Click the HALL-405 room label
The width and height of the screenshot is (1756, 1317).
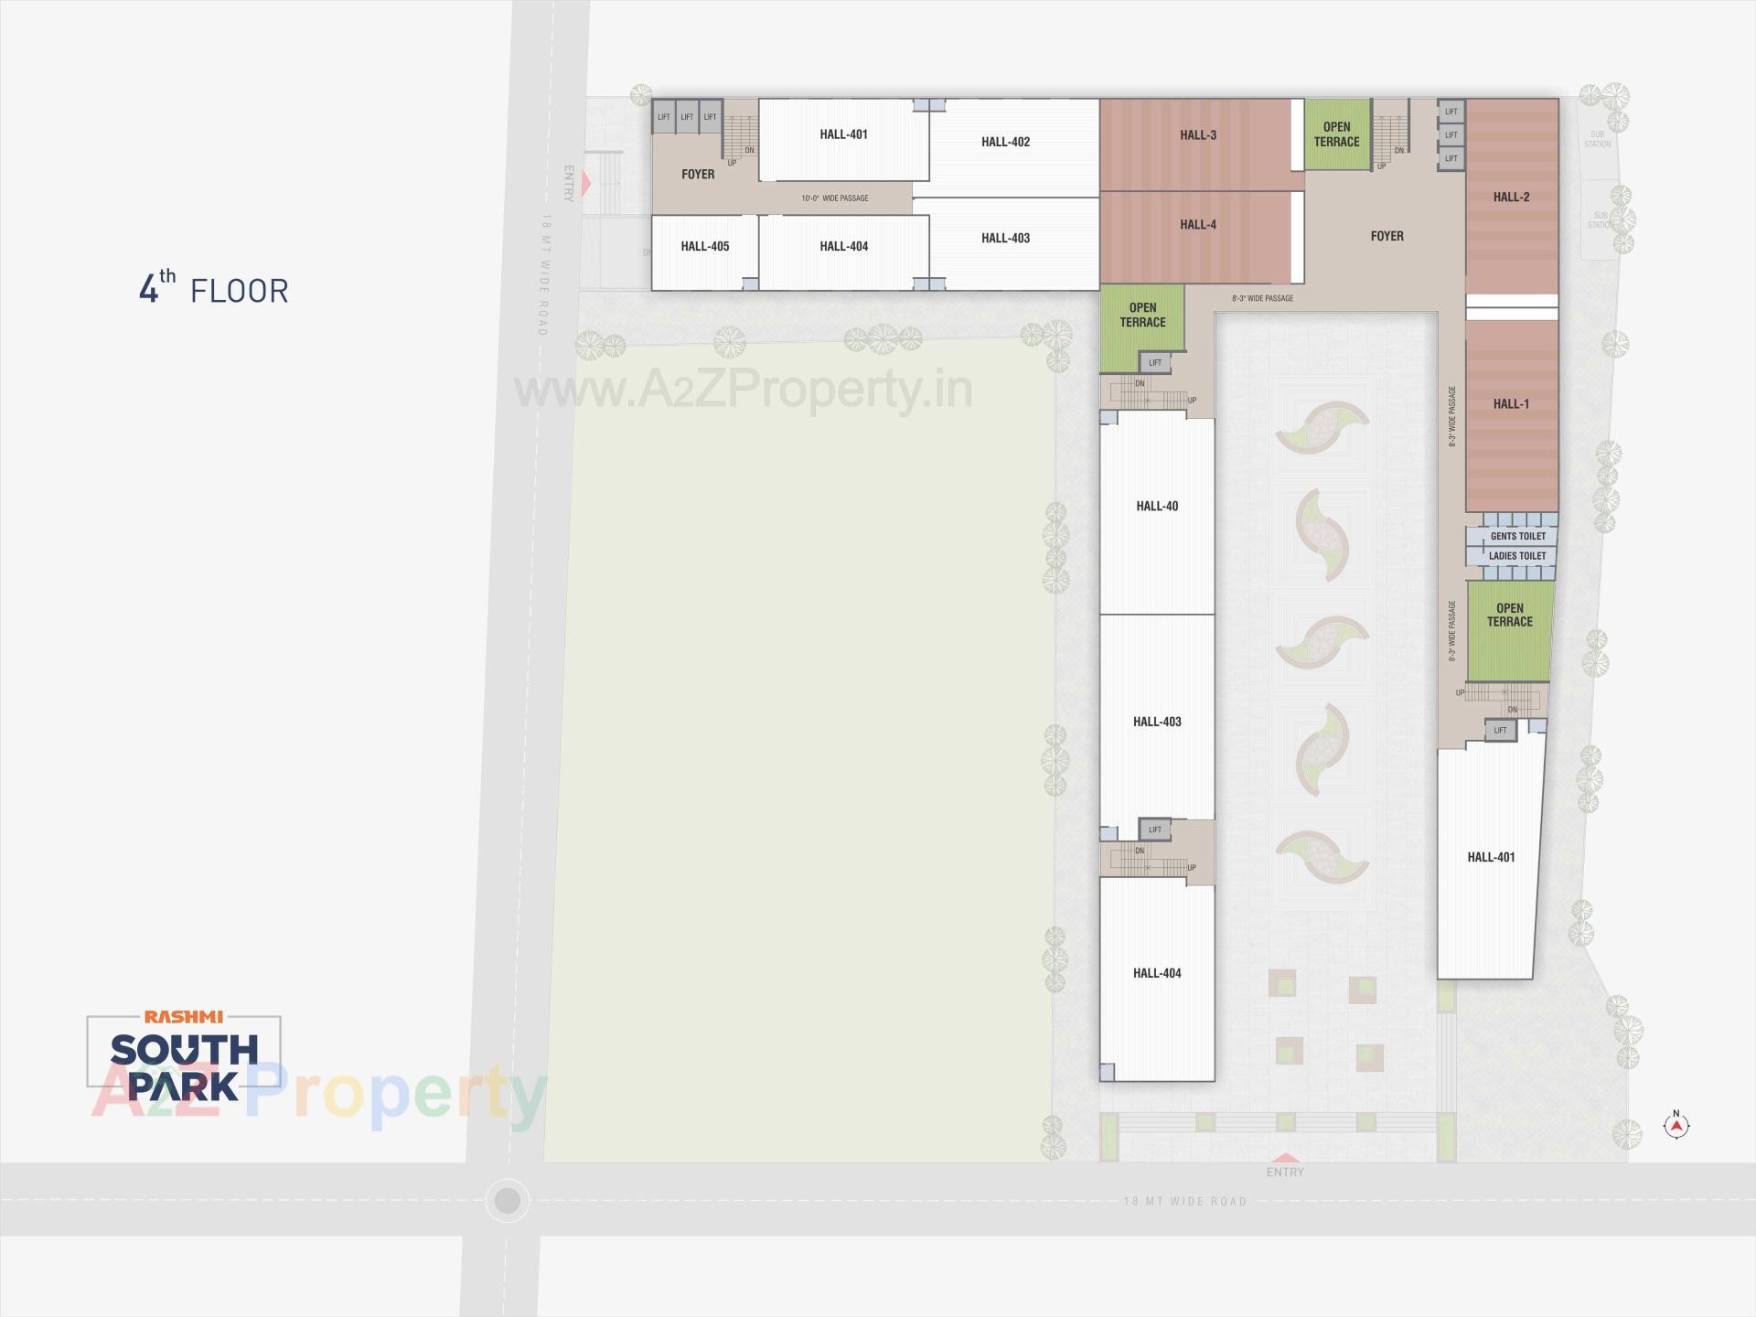point(704,246)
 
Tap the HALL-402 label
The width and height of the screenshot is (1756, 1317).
point(1005,142)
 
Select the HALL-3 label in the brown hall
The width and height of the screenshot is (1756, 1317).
point(1197,135)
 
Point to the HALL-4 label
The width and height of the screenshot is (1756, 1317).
point(1197,225)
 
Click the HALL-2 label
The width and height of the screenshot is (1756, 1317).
point(1511,197)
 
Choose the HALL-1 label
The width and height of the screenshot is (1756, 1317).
point(1511,404)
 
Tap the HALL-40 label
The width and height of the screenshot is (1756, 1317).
point(1157,506)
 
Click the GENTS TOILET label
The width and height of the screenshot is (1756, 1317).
point(1517,536)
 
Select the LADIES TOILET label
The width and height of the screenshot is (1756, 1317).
point(1517,556)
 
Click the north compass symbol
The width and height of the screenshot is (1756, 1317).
point(1676,1126)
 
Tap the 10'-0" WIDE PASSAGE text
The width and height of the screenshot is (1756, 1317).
point(834,198)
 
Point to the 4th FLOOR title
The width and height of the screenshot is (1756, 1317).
point(213,288)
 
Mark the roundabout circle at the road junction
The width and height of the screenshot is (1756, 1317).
point(507,1200)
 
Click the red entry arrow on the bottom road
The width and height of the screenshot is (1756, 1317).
point(1285,1158)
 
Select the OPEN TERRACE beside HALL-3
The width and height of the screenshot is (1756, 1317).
point(1336,134)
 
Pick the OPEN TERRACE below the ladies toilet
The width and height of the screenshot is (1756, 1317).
point(1509,615)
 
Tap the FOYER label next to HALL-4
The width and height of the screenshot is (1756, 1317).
point(1387,236)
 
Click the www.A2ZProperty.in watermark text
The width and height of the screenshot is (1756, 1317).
point(743,391)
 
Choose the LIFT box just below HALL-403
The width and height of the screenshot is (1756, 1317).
point(1155,830)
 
